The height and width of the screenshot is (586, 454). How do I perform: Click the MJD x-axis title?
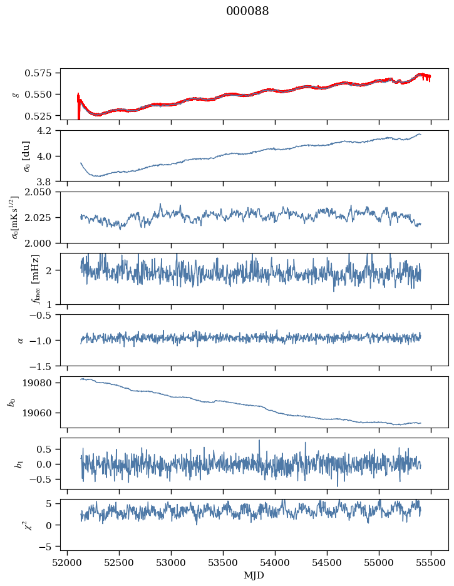point(254,575)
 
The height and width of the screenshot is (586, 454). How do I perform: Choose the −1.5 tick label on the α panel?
point(46,365)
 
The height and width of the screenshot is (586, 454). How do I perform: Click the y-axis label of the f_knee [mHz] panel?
point(17,279)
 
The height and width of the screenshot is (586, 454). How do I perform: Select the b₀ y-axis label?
point(11,402)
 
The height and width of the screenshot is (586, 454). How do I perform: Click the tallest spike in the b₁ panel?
point(259,441)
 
